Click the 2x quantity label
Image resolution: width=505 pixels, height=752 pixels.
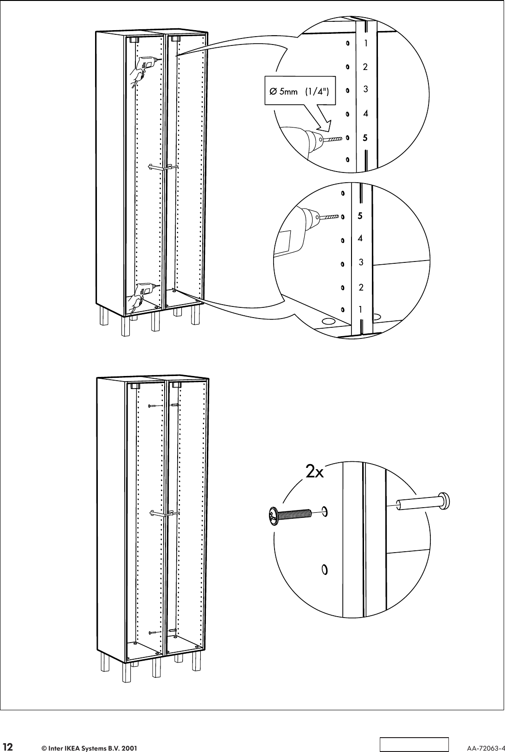coord(315,472)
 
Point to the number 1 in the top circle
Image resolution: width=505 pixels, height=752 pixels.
coord(366,43)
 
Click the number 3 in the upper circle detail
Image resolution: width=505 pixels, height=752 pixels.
coord(366,89)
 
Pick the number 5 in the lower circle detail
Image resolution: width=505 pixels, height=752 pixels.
coord(360,216)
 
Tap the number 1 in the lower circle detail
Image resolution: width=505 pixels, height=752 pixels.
coord(360,309)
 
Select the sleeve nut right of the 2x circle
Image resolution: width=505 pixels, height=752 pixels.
coord(424,501)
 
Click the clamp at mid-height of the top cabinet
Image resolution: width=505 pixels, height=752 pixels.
coord(163,167)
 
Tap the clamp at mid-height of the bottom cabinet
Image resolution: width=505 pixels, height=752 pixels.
coord(164,513)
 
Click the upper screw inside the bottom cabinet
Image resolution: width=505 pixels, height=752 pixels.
coord(154,406)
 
